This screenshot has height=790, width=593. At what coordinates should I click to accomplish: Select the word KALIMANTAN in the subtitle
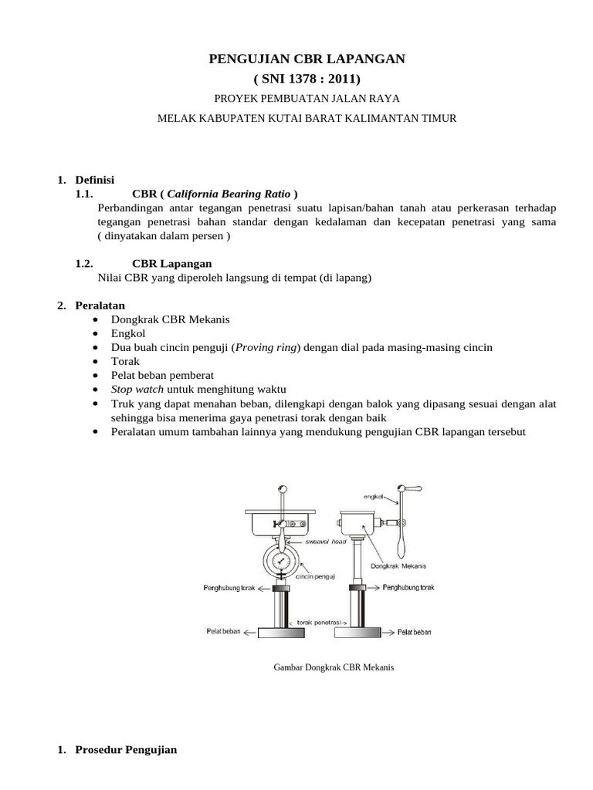403,118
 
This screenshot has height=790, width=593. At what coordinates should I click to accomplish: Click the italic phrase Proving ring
267,347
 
